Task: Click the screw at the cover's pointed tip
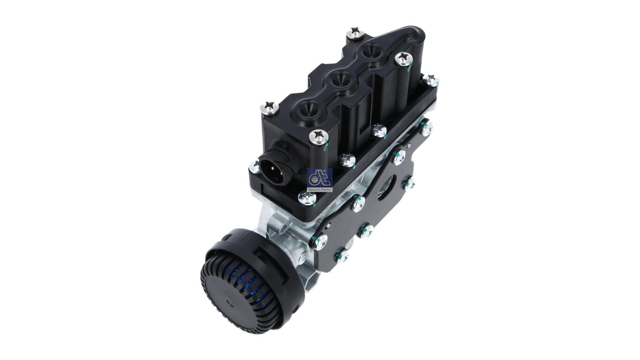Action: pyautogui.click(x=355, y=33)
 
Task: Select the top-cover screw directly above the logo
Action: pyautogui.click(x=319, y=136)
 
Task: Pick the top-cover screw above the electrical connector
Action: pyautogui.click(x=269, y=108)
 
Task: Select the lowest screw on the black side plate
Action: pyautogui.click(x=342, y=255)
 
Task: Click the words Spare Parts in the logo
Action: pyautogui.click(x=320, y=189)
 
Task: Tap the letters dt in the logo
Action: pyautogui.click(x=320, y=177)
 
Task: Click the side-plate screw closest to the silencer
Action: pyautogui.click(x=320, y=241)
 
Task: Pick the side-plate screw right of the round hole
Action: pyautogui.click(x=408, y=183)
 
